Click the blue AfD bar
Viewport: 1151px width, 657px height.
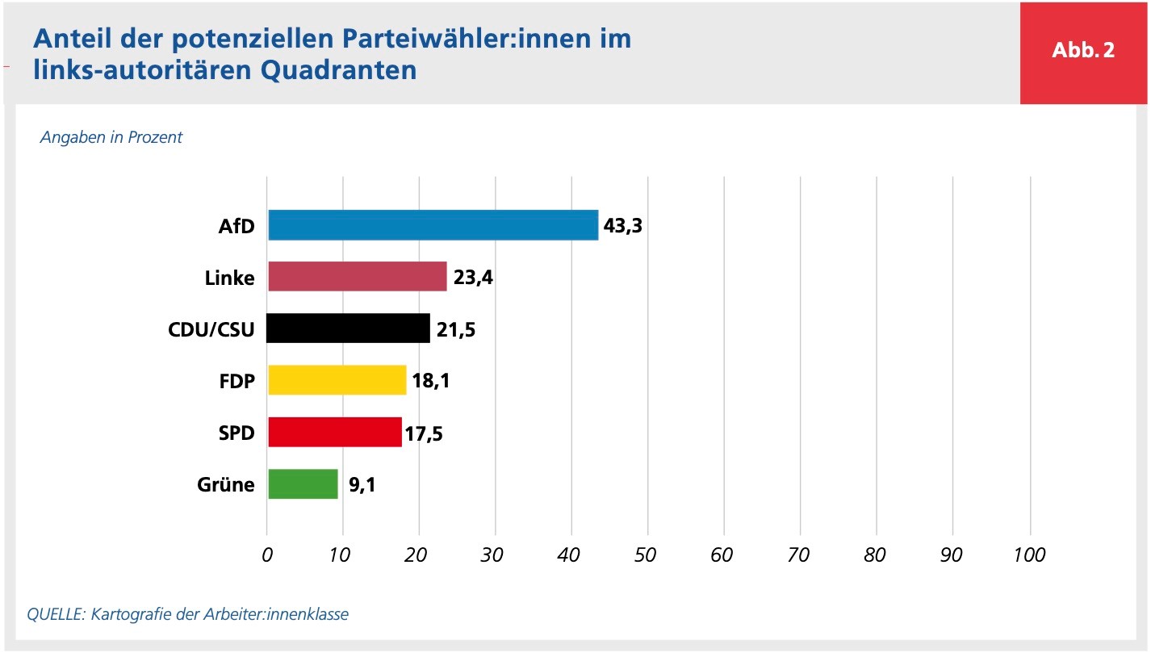point(433,225)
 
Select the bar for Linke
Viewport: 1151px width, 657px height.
point(357,277)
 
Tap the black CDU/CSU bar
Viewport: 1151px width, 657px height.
point(349,328)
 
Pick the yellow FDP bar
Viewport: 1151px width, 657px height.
point(337,380)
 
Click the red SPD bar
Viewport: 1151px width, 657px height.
point(334,432)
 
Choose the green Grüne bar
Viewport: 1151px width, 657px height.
point(303,483)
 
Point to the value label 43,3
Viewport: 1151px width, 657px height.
point(622,226)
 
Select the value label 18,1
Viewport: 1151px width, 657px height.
point(430,381)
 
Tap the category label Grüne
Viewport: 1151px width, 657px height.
point(226,485)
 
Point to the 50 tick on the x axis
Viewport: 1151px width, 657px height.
point(647,555)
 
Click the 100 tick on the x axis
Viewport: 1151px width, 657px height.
point(1029,555)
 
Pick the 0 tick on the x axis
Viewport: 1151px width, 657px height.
point(267,555)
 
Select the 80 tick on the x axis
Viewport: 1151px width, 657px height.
point(875,555)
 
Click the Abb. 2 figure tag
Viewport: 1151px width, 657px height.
point(1083,50)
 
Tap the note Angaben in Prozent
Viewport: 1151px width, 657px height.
point(111,137)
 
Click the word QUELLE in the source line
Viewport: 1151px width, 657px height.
point(56,614)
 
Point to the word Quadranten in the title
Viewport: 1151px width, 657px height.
point(339,70)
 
